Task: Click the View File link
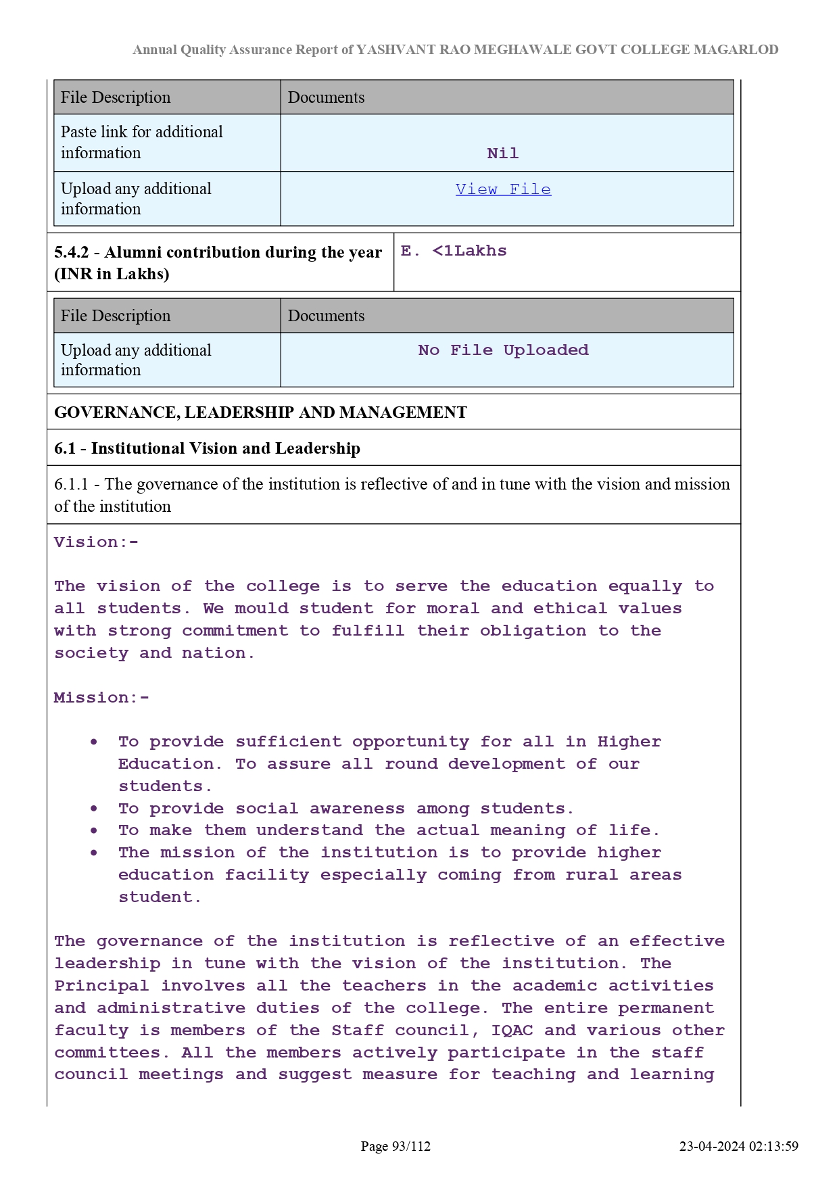pyautogui.click(x=503, y=189)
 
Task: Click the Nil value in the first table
pyautogui.click(x=502, y=153)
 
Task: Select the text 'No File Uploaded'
pyautogui.click(x=503, y=350)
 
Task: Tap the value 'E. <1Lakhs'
pyautogui.click(x=454, y=251)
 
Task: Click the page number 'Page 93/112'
pyautogui.click(x=395, y=1146)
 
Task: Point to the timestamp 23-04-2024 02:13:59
pyautogui.click(x=738, y=1146)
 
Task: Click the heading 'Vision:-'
pyautogui.click(x=96, y=542)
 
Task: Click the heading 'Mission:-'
pyautogui.click(x=101, y=698)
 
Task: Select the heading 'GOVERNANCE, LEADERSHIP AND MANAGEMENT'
pyautogui.click(x=260, y=412)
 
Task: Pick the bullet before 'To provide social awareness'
pyautogui.click(x=94, y=809)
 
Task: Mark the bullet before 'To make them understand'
pyautogui.click(x=94, y=830)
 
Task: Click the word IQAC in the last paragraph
pyautogui.click(x=512, y=1030)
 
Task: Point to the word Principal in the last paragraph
pyautogui.click(x=101, y=986)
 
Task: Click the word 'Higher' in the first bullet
pyautogui.click(x=629, y=742)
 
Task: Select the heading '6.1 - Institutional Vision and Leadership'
pyautogui.click(x=207, y=448)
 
